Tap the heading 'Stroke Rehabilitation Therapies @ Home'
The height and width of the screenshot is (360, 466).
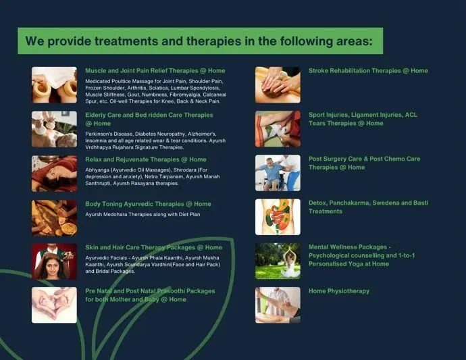click(368, 71)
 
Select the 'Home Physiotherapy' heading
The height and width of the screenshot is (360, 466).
click(339, 291)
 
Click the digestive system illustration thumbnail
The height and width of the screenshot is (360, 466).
click(278, 217)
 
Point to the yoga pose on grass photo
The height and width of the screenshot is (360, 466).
click(278, 261)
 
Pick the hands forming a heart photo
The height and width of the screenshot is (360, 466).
click(55, 305)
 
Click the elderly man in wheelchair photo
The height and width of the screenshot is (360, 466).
click(278, 173)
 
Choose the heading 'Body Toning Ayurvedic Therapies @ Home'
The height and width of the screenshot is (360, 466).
click(148, 204)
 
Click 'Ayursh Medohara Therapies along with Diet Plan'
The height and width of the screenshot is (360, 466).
click(143, 214)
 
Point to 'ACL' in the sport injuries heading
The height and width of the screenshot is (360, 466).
click(411, 115)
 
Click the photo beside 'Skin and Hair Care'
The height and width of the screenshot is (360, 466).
click(55, 261)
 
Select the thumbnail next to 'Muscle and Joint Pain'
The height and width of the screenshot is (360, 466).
click(55, 85)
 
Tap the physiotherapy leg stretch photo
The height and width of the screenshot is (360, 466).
click(278, 305)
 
